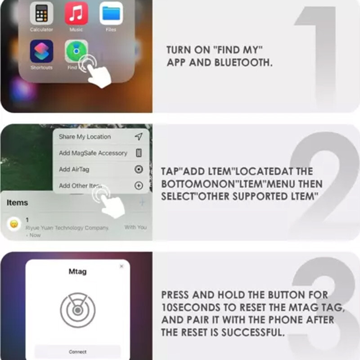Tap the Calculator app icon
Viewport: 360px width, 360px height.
click(x=41, y=13)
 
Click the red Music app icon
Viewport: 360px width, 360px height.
click(x=76, y=13)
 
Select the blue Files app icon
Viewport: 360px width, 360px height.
click(x=111, y=13)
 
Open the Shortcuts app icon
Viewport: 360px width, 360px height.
click(x=41, y=51)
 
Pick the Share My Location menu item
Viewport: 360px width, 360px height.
click(x=85, y=137)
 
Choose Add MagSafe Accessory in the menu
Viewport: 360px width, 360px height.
click(x=93, y=153)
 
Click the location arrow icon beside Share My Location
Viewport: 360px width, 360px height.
click(x=139, y=137)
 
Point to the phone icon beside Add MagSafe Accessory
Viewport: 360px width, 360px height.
click(x=139, y=153)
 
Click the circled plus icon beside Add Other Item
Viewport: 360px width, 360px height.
click(x=139, y=185)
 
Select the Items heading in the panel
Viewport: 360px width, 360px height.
click(x=17, y=202)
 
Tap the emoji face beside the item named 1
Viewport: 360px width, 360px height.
click(x=14, y=224)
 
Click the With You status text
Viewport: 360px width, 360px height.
click(x=135, y=227)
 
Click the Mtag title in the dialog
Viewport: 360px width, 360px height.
click(x=77, y=272)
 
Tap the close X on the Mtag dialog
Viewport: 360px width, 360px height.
click(x=121, y=266)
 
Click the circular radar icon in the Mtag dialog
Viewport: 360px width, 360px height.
click(x=77, y=310)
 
